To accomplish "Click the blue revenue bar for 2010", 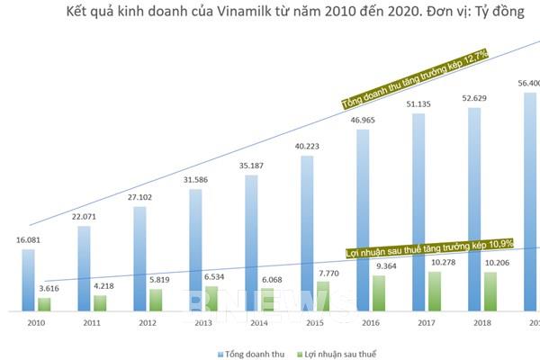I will pos(29,280).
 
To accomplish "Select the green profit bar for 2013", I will pos(211,299).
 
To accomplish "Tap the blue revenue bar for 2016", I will pos(362,220).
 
